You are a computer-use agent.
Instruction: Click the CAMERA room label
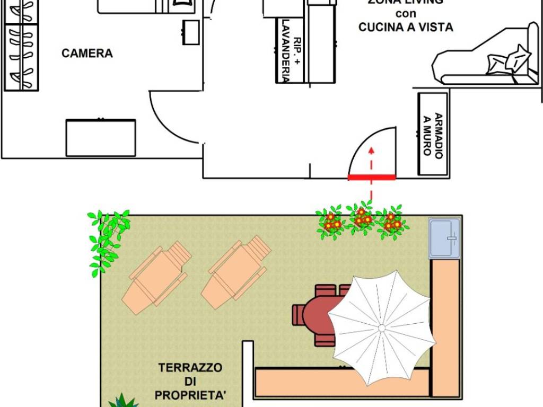click(x=87, y=54)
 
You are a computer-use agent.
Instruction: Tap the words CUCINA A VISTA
click(x=406, y=27)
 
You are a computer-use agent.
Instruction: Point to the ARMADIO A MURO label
click(x=433, y=135)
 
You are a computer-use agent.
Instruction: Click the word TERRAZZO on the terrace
click(x=190, y=367)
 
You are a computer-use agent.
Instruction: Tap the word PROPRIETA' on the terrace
click(x=189, y=395)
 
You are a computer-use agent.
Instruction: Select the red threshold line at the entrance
click(x=371, y=178)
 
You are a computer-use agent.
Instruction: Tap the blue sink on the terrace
click(x=444, y=238)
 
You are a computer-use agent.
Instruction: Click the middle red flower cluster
click(x=361, y=219)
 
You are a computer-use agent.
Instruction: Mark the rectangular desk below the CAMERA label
click(x=100, y=137)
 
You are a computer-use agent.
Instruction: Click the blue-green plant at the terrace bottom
click(x=123, y=401)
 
